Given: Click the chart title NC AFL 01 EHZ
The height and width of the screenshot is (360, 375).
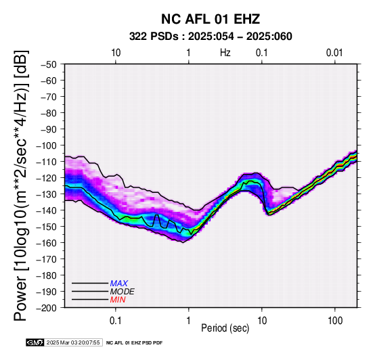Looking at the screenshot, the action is tap(211, 19).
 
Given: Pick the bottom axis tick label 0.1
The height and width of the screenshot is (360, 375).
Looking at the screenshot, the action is tap(116, 321).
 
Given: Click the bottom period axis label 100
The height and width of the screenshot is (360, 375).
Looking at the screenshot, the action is tap(335, 321).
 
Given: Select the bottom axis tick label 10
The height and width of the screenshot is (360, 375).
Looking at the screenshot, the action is tap(262, 321).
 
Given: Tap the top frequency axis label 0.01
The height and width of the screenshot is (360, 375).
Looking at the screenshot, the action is tap(334, 53).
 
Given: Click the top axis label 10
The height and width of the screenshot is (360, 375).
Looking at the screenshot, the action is tap(116, 53).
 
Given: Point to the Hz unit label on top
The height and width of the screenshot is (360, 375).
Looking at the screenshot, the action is tap(225, 53).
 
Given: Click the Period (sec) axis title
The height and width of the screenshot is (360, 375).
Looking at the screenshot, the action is tap(225, 328).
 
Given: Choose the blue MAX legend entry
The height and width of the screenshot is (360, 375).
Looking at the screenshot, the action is tap(119, 284).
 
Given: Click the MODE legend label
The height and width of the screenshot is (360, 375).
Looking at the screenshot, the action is tap(123, 292).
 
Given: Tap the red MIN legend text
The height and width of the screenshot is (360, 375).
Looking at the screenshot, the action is tap(118, 300).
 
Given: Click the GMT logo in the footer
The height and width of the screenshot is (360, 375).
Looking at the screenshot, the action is tap(35, 342).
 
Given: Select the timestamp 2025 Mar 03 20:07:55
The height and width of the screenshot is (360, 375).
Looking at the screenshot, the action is tap(73, 342).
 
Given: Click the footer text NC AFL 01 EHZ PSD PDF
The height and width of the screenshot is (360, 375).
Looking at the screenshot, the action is tap(135, 343).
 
